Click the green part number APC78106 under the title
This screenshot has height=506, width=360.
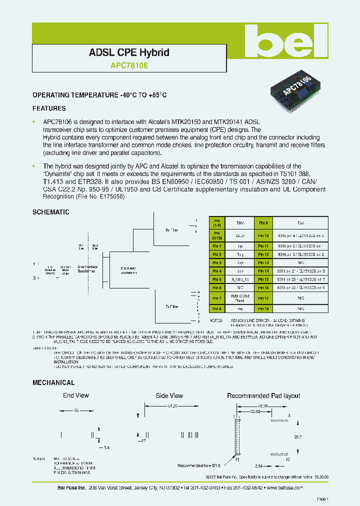point(129,64)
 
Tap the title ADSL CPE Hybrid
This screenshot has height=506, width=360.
point(129,52)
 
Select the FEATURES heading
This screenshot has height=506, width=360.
point(49,108)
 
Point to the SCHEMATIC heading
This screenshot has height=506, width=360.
point(51,212)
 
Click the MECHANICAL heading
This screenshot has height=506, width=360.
point(53,382)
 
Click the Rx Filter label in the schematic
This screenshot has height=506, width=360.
point(171,230)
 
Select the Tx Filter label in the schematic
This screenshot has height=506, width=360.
point(171,306)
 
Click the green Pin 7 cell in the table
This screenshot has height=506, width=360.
point(217,298)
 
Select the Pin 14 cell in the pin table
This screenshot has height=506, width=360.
point(263,271)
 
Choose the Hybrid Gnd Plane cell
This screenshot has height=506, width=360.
point(240,298)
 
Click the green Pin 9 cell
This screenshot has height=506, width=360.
point(263,223)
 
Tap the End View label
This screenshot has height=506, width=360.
point(76,395)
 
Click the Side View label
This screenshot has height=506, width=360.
point(169,395)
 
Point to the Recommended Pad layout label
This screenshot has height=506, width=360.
point(263,395)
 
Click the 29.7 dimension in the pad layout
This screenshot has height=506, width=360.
point(297,436)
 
